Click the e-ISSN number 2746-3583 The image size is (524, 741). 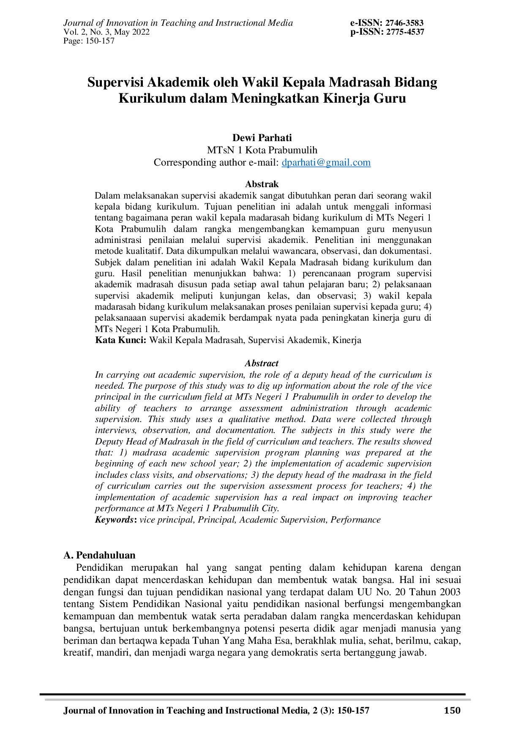pos(404,23)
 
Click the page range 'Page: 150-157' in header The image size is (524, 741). pos(89,41)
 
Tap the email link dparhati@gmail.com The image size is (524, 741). pos(326,163)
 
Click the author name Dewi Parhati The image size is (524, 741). pos(262,138)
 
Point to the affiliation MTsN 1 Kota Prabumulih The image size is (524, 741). pos(262,150)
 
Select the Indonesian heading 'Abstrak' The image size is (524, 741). pos(262,184)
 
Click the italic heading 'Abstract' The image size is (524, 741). pos(262,363)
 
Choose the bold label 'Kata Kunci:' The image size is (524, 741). pos(121,340)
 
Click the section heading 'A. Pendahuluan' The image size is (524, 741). pos(99,555)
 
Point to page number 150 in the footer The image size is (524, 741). pos(452,711)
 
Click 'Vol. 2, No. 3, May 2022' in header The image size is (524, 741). pos(106,32)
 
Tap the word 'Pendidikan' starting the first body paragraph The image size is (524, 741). pos(99,567)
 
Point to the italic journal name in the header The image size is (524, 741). pos(178,23)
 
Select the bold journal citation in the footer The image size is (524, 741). pos(216,711)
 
